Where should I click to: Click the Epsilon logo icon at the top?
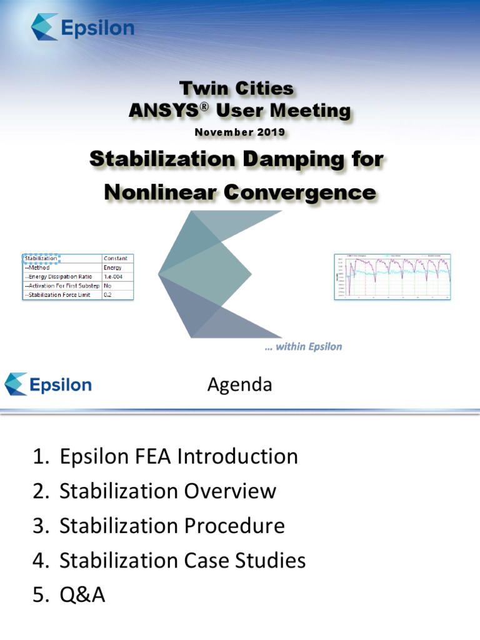pos(45,27)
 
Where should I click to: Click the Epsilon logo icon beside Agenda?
pos(16,384)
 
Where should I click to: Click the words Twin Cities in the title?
pos(236,88)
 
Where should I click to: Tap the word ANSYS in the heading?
pos(158,111)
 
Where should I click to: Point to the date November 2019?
pos(239,132)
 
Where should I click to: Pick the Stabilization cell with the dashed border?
pos(41,257)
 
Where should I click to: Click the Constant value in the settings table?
pos(117,257)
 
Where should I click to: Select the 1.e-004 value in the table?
pos(117,276)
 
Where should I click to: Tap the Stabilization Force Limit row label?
pos(61,294)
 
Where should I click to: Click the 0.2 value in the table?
pos(109,294)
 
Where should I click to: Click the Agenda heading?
pos(239,385)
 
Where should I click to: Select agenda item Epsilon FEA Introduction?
pos(179,457)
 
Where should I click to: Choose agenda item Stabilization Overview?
pos(167,491)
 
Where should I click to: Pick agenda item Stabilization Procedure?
pos(172,526)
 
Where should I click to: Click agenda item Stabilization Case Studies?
pos(182,560)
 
